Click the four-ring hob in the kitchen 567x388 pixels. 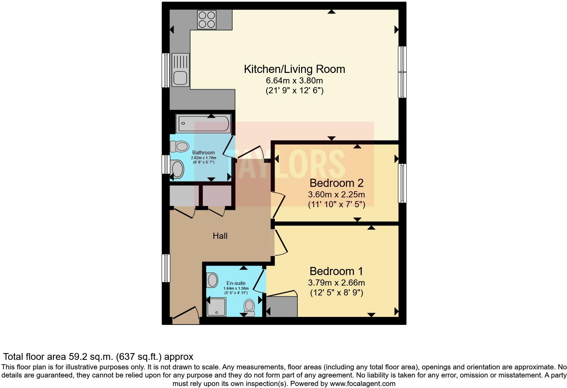tap(207, 20)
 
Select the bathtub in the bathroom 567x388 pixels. tap(203, 124)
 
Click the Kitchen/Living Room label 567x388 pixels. tap(294, 69)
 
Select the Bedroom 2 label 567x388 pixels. tap(336, 183)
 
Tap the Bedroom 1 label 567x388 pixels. tap(336, 271)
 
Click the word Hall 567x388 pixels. tap(220, 236)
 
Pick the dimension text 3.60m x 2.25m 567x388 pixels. tap(336, 195)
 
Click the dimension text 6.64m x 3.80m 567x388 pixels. tap(294, 81)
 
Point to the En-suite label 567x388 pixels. tap(236, 283)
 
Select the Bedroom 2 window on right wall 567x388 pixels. tap(402, 183)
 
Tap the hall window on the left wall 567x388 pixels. tap(165, 268)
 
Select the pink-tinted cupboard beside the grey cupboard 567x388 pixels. tap(217, 195)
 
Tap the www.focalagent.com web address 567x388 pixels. tap(363, 384)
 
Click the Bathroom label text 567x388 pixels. tap(203, 153)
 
